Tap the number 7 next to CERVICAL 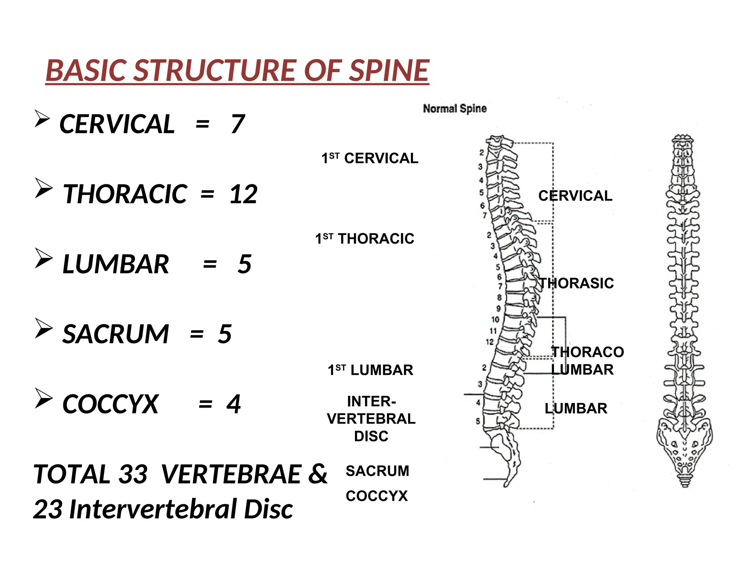[238, 124]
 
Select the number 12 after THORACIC [243, 194]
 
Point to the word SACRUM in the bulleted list [116, 334]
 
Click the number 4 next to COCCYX [234, 404]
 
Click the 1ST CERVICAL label [370, 158]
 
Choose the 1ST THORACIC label [364, 239]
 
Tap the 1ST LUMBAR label [370, 370]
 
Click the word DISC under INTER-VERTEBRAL [371, 436]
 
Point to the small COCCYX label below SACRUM [377, 496]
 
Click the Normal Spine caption [455, 108]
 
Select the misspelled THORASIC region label [576, 283]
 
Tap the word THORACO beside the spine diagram [587, 352]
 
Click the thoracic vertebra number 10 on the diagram [495, 320]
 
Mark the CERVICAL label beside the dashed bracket [575, 196]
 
